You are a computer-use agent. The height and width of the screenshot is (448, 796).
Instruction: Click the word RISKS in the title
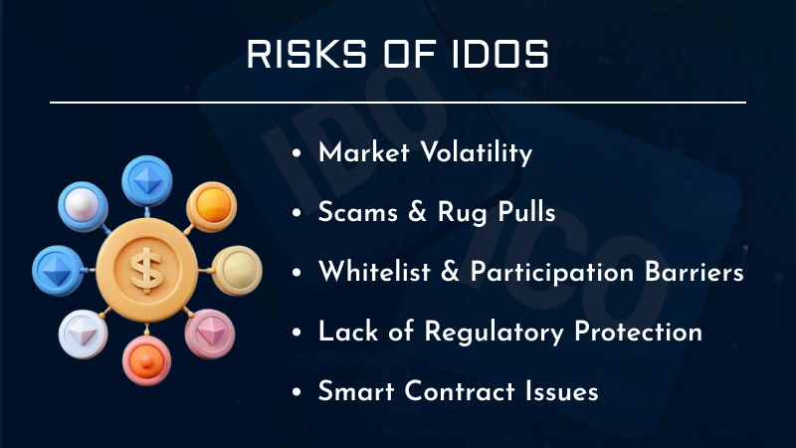coord(302,55)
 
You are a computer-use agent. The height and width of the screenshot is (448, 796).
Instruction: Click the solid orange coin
coord(209,206)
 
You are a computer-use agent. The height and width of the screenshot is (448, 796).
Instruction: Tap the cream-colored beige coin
coord(236,269)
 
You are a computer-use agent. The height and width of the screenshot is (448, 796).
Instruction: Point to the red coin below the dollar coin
coord(146,360)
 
